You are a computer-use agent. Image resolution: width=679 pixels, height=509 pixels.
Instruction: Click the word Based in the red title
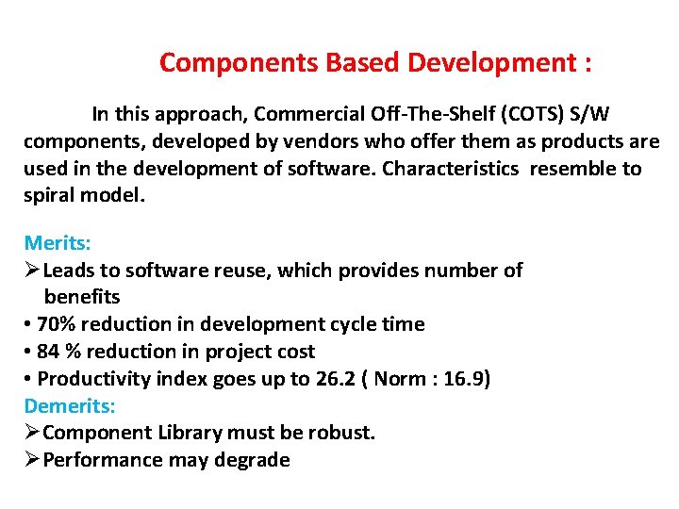pyautogui.click(x=364, y=63)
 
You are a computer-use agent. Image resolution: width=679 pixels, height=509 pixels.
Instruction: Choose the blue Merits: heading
pyautogui.click(x=57, y=242)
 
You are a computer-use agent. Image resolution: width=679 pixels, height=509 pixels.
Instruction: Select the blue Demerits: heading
pyautogui.click(x=70, y=406)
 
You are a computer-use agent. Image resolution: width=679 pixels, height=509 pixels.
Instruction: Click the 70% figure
pyautogui.click(x=56, y=324)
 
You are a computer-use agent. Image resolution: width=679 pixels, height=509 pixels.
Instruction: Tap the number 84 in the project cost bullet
pyautogui.click(x=49, y=352)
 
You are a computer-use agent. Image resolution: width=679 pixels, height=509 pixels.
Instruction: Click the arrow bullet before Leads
pyautogui.click(x=32, y=271)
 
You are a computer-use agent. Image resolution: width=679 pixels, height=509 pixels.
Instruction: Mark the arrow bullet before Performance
pyautogui.click(x=32, y=460)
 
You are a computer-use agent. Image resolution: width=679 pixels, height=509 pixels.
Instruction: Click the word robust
pyautogui.click(x=345, y=434)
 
